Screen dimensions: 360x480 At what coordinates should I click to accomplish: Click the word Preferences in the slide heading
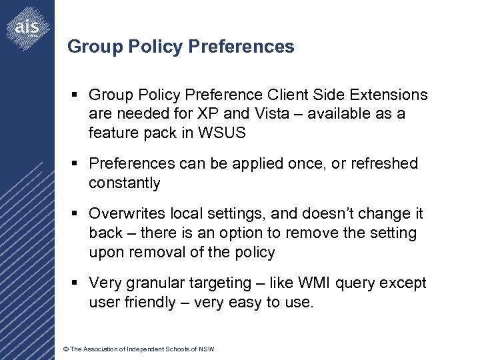pos(241,47)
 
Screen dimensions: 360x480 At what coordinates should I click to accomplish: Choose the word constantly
pos(124,183)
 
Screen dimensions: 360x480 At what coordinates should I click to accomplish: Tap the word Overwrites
pos(127,214)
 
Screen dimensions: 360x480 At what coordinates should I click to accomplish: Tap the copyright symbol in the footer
pos(65,349)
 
